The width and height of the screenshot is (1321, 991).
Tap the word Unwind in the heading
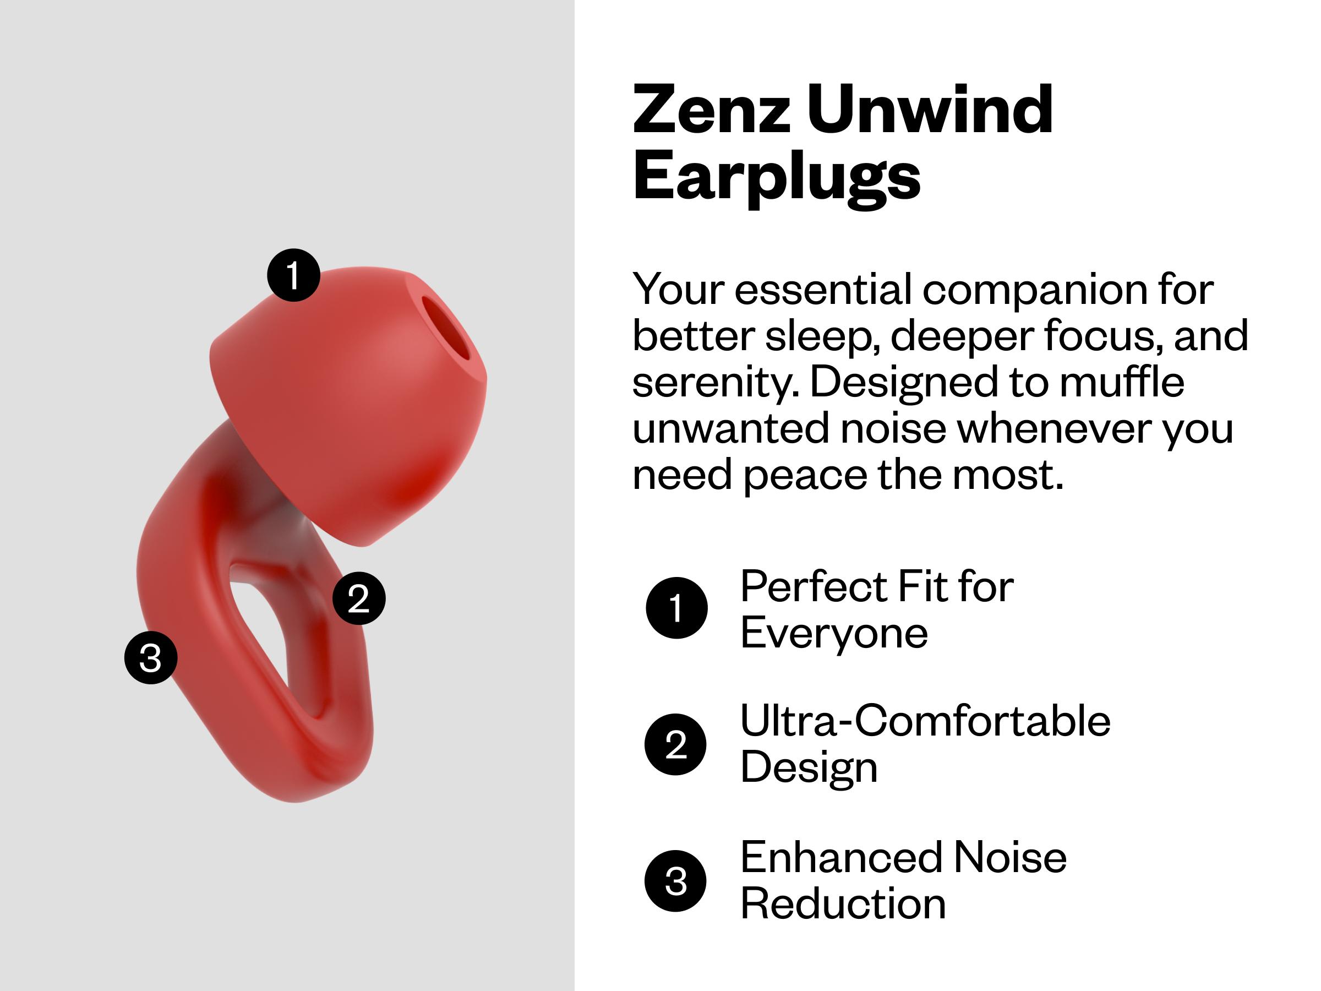point(930,111)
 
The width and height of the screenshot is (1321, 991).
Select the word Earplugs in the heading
point(776,176)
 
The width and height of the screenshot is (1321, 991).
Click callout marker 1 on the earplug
point(293,275)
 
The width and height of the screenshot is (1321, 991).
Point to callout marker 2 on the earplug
point(358,598)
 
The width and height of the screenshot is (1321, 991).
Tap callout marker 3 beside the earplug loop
point(150,658)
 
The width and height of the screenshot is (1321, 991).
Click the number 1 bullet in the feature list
point(676,608)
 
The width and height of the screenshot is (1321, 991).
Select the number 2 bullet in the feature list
point(675,744)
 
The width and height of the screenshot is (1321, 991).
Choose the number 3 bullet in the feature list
point(675,881)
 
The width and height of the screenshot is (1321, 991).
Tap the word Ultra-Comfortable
point(925,721)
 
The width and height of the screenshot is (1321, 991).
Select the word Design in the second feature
point(809,768)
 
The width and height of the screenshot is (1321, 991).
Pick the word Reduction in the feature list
point(843,905)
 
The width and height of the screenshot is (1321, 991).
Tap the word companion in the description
point(1034,290)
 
